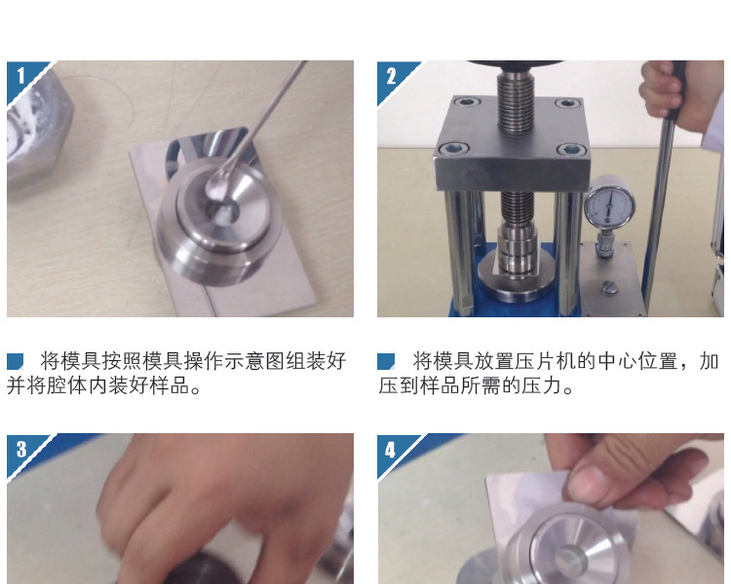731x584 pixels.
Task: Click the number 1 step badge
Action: click(x=21, y=76)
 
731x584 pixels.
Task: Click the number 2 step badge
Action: click(x=392, y=76)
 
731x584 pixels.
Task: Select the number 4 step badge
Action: click(x=391, y=450)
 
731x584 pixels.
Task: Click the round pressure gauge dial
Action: click(x=609, y=205)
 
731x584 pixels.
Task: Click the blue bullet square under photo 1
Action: click(x=15, y=361)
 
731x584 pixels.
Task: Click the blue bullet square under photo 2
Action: click(x=386, y=361)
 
